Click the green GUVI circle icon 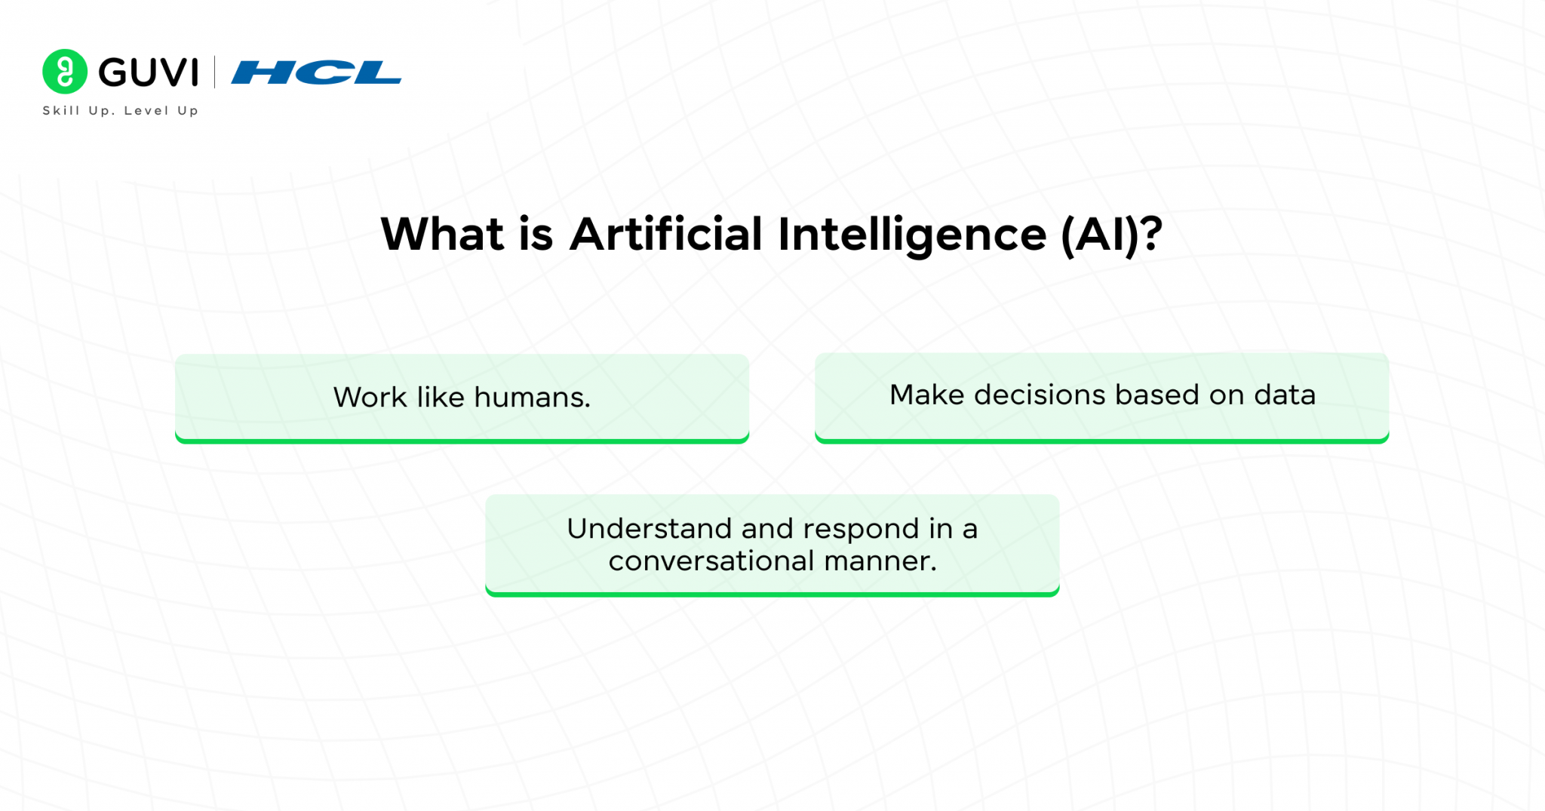(65, 72)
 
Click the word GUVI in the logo (149, 73)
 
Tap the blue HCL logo (316, 72)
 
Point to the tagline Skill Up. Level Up (121, 111)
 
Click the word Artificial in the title (666, 234)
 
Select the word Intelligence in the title (912, 235)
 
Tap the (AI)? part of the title (1111, 235)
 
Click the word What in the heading (442, 234)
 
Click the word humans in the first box (532, 398)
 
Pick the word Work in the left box (370, 398)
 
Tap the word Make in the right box (926, 395)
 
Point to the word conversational (711, 561)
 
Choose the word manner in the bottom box (880, 561)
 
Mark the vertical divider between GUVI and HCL (215, 72)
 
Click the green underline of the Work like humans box (462, 441)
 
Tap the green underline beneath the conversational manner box (772, 594)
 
